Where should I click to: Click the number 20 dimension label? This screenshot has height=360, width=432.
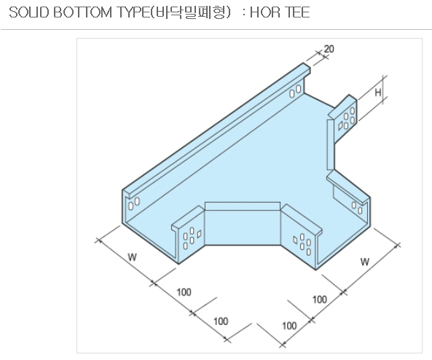(329, 49)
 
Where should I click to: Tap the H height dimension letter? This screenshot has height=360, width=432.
(378, 93)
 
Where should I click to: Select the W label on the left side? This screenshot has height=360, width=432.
(133, 257)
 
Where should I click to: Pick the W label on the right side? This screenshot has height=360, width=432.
(365, 262)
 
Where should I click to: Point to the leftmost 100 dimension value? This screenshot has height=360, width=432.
(184, 292)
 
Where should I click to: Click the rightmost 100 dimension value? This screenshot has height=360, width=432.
(320, 300)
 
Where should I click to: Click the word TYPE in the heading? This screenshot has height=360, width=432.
(133, 12)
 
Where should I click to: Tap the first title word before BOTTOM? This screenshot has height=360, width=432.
(28, 12)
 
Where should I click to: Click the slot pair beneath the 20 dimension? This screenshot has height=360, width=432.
(295, 91)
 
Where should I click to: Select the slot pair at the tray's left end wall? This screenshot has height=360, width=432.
(133, 204)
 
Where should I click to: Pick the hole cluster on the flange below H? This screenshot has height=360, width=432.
(347, 119)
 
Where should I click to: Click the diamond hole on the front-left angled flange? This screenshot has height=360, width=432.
(199, 234)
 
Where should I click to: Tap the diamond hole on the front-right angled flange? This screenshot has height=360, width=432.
(295, 240)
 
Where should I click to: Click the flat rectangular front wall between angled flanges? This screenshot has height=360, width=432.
(243, 227)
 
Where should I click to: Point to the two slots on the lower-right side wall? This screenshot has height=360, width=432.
(357, 208)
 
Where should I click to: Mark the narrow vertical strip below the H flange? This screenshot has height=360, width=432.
(330, 144)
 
